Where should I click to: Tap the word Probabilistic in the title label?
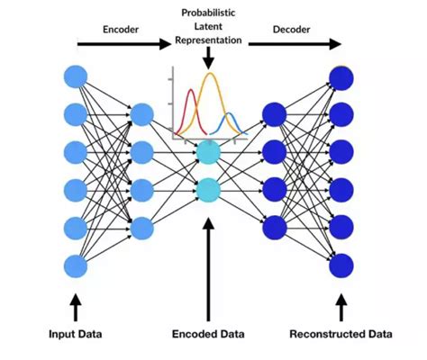209,13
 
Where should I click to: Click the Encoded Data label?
208,335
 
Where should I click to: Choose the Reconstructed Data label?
341,335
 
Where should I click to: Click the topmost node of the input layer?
76,76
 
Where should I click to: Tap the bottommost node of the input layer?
76,265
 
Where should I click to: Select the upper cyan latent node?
208,152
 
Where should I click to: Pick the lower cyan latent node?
208,190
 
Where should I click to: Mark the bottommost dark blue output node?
341,265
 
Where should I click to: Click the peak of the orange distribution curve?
210,75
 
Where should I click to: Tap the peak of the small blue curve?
230,115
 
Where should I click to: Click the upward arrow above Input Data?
76,307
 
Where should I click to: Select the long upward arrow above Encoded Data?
208,270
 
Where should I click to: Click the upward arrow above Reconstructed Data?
341,307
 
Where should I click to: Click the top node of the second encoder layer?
141,114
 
